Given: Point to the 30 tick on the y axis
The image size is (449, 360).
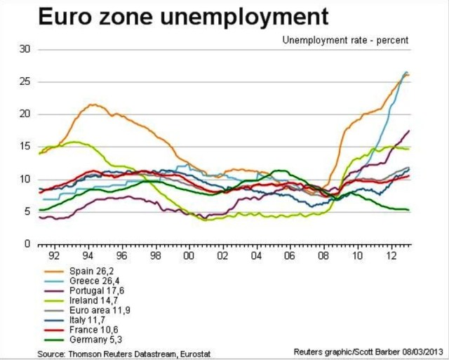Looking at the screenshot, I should pyautogui.click(x=25, y=50).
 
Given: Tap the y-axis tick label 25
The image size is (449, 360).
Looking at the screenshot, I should pyautogui.click(x=25, y=82).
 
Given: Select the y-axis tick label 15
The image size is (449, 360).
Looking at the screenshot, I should pyautogui.click(x=25, y=147).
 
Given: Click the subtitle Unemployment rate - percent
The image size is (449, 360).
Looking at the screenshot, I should pyautogui.click(x=345, y=40).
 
